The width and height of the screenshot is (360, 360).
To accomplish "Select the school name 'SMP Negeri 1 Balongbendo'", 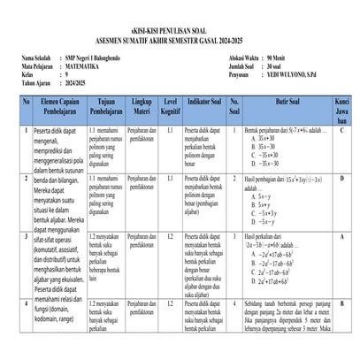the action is (x=98, y=57).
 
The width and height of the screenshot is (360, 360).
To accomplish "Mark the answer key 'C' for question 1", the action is (x=341, y=130).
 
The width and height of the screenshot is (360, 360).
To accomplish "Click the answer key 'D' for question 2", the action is (x=341, y=180).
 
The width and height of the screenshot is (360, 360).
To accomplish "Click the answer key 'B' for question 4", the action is (x=341, y=304).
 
